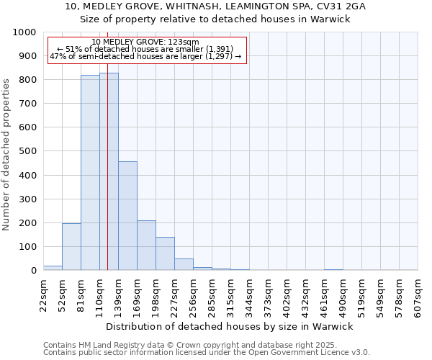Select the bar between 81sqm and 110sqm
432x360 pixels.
click(x=90, y=173)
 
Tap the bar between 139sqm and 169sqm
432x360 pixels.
click(x=127, y=216)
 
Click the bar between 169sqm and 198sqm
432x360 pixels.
click(x=146, y=246)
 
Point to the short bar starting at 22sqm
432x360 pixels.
click(x=53, y=268)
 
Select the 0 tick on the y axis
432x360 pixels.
click(x=33, y=271)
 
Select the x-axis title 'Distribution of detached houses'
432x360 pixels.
click(x=234, y=326)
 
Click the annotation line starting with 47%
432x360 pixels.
click(x=145, y=56)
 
